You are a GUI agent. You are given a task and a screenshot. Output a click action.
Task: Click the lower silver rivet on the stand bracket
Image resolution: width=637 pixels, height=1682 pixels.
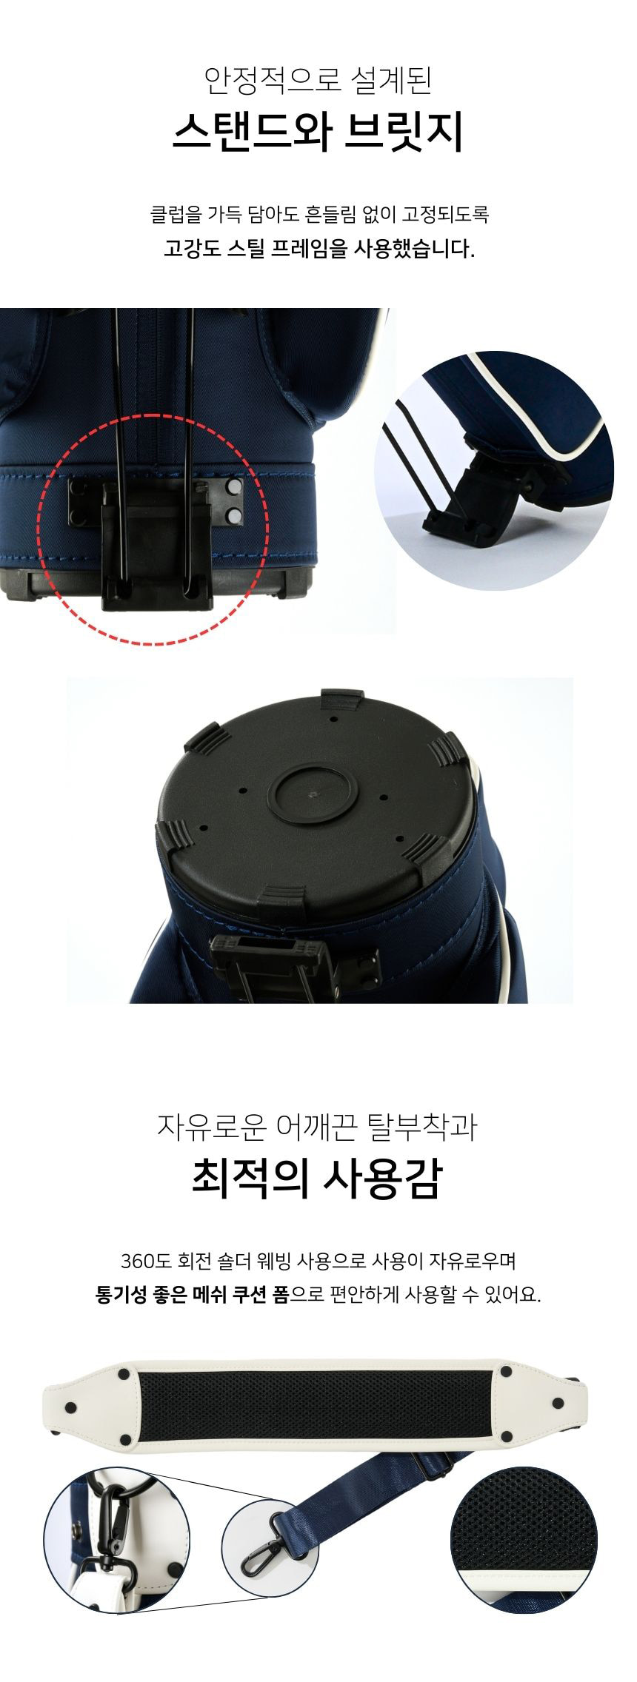point(236,513)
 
